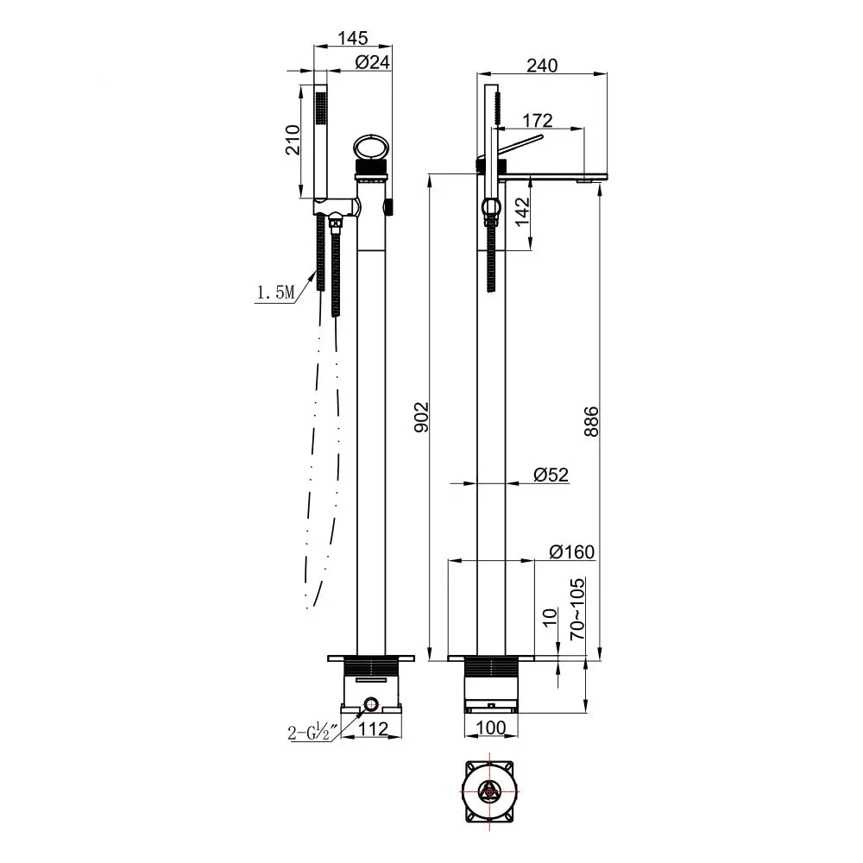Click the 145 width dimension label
[x=353, y=38]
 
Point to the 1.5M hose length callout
[x=275, y=293]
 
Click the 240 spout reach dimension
[x=542, y=65]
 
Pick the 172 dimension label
[x=536, y=120]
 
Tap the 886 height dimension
[x=591, y=419]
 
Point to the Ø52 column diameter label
[x=551, y=474]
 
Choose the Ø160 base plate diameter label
[x=571, y=551]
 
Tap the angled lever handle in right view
[x=518, y=143]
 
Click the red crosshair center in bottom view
[x=489, y=791]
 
